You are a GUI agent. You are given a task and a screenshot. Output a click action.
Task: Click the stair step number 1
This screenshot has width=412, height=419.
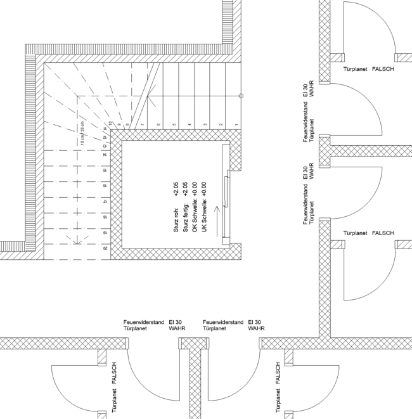[236, 125]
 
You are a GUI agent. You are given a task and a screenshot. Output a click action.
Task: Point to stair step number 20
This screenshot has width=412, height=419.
[105, 249]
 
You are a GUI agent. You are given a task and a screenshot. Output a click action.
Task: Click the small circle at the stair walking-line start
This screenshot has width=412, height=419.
[241, 96]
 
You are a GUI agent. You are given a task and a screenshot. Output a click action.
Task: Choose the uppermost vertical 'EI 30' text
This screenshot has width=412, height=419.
[306, 90]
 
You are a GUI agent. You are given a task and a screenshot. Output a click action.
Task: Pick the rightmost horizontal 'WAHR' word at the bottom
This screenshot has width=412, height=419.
[256, 330]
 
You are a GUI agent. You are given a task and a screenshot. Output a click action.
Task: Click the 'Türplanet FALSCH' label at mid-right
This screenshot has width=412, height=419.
[369, 233]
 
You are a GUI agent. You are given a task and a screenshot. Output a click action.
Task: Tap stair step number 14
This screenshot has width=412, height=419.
[105, 154]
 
